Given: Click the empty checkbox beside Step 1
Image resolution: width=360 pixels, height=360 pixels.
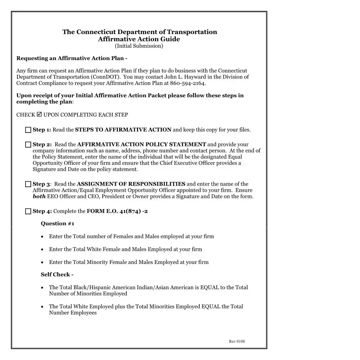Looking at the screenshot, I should click(x=28, y=130).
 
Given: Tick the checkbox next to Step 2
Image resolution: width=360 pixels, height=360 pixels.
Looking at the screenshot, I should click(x=28, y=145).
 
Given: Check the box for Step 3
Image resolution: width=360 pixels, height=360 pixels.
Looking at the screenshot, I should click(x=28, y=184).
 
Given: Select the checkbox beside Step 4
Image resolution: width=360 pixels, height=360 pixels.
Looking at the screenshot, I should click(x=28, y=211).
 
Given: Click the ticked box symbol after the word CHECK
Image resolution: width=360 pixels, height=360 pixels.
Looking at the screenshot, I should click(x=39, y=115).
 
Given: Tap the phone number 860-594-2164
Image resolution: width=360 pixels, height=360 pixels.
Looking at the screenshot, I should click(x=190, y=83).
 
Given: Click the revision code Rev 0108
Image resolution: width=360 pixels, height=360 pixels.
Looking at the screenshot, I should click(x=237, y=342).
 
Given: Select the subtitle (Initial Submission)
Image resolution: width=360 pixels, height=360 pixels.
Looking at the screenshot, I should click(x=139, y=46).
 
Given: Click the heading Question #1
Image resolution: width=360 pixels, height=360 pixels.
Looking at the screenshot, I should click(x=57, y=224).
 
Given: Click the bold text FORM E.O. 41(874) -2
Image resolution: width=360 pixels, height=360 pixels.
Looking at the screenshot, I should click(x=117, y=211).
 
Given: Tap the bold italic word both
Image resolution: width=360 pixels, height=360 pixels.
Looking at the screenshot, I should click(x=39, y=197).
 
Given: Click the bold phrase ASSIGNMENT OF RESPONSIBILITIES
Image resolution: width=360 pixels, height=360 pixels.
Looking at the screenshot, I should click(x=131, y=184).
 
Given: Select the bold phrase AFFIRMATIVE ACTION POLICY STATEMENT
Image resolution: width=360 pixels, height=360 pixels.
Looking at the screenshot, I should click(x=141, y=145).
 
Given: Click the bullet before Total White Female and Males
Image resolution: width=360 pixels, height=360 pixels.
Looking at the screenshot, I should click(x=42, y=250).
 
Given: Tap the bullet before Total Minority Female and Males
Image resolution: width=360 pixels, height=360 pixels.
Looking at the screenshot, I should click(x=42, y=262).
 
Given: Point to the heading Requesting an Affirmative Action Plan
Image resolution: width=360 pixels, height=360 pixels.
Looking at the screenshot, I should click(x=72, y=58).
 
